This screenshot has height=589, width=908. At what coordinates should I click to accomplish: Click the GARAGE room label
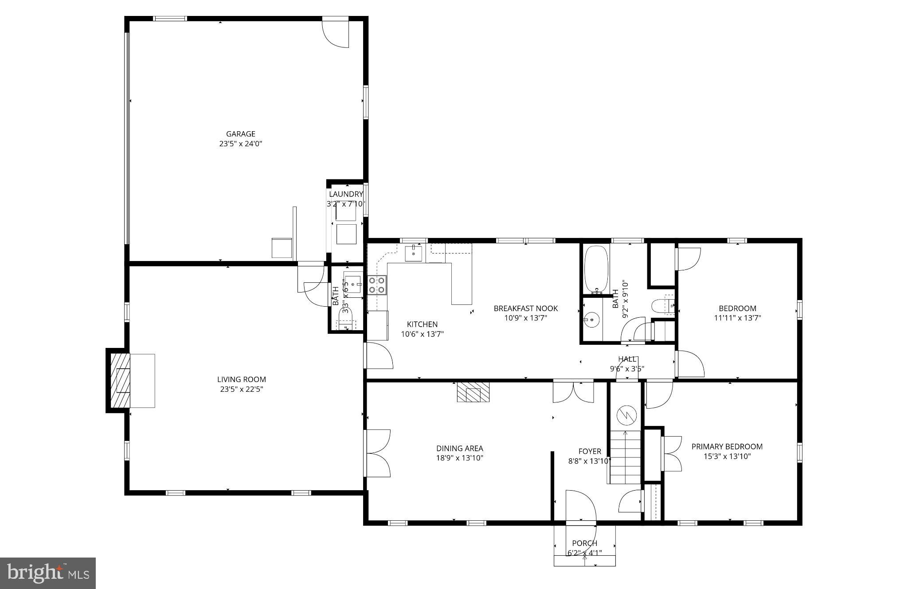(x=241, y=134)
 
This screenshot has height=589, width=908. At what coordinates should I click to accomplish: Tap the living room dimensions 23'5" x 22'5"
(x=241, y=389)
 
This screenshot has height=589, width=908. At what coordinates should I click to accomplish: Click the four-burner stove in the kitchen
(x=377, y=285)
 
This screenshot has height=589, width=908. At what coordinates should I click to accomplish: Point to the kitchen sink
(x=413, y=254)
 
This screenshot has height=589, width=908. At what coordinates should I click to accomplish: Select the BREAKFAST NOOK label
(x=526, y=308)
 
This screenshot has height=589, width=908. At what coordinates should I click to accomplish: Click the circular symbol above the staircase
(x=626, y=415)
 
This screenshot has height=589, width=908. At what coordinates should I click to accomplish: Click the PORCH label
(x=584, y=543)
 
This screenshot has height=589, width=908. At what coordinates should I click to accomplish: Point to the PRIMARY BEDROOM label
(x=727, y=446)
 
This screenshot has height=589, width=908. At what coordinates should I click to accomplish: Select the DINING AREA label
(x=459, y=448)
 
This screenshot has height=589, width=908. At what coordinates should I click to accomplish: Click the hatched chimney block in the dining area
(x=473, y=392)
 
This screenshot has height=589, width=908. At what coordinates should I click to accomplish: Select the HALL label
(x=627, y=359)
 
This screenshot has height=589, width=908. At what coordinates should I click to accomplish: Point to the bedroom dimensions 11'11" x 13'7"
(x=737, y=318)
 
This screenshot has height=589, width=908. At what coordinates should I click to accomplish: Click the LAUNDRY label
(x=346, y=194)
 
